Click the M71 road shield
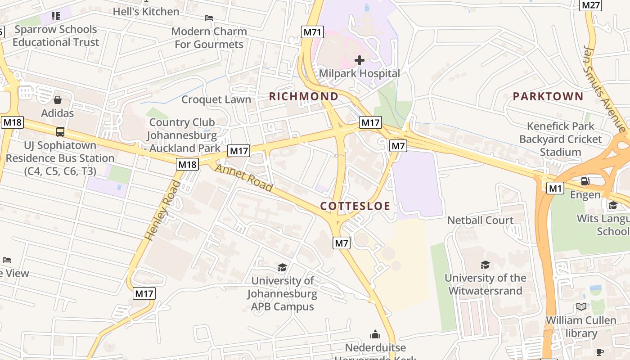point(312,31)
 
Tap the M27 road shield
point(590,5)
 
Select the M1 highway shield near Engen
point(555,188)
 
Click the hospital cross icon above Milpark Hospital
point(359,60)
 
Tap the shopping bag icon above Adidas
point(58,99)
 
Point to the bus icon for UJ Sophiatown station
point(60,132)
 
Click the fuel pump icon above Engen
point(585,181)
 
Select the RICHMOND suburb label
point(304,96)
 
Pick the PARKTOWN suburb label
point(548,96)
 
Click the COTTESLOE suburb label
point(355,206)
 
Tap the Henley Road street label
point(162,210)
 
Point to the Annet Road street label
point(243,177)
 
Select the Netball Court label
point(480,220)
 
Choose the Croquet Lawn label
point(216,99)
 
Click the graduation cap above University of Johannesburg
point(282,268)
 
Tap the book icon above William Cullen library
point(581,307)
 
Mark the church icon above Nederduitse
point(375,334)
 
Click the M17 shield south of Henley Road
point(144,294)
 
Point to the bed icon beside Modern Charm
point(209,18)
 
